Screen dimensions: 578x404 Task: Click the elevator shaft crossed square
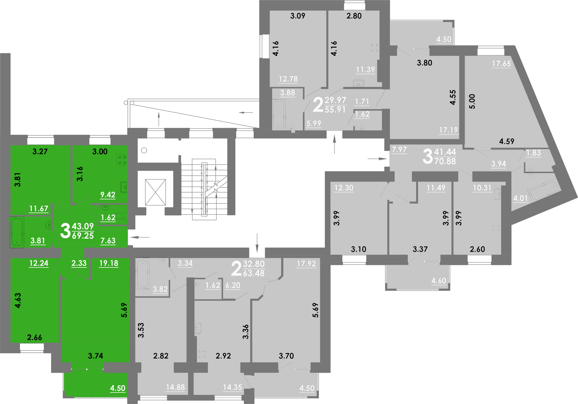(x=155, y=192)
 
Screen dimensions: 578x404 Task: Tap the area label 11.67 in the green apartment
(x=38, y=209)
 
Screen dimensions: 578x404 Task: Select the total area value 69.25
(x=83, y=236)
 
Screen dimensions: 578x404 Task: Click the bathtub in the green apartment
(x=17, y=232)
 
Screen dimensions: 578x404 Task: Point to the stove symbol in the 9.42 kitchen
(x=122, y=160)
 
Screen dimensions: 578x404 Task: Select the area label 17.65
(x=501, y=63)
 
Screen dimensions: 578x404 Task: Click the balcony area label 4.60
(x=439, y=281)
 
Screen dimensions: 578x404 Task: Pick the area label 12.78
(x=288, y=79)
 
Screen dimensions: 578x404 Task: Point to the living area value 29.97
(x=335, y=100)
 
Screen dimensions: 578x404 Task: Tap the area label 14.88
(x=175, y=387)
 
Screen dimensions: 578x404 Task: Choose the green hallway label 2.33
(x=79, y=263)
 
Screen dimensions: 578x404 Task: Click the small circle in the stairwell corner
(x=144, y=150)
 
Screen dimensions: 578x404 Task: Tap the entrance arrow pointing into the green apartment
(x=140, y=237)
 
